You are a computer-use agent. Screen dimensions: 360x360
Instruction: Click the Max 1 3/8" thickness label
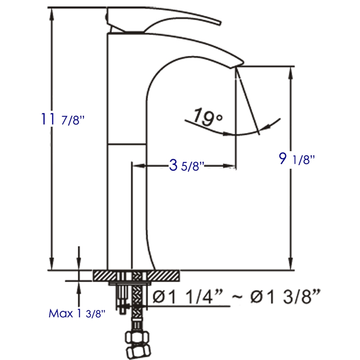(x=77, y=313)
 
